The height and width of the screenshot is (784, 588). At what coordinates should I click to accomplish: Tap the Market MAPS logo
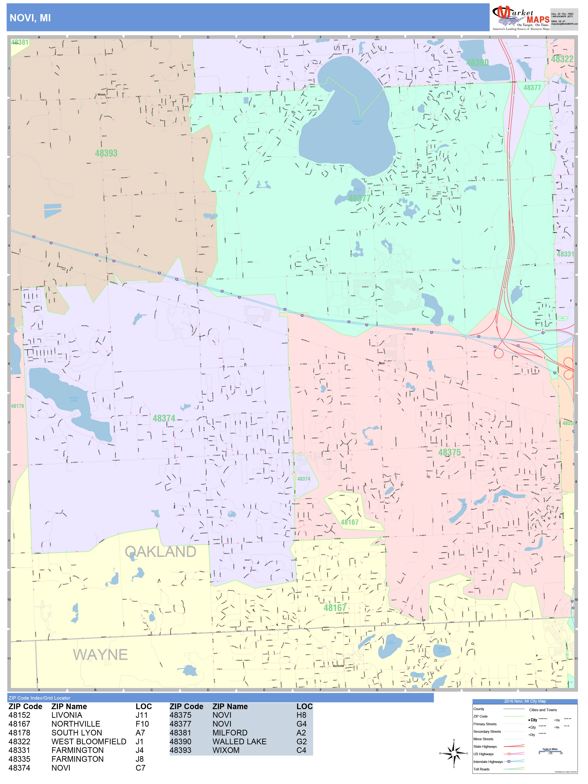point(520,18)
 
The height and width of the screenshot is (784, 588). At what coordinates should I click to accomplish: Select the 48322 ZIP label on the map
point(562,59)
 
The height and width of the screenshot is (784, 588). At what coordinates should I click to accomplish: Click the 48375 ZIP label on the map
point(449,452)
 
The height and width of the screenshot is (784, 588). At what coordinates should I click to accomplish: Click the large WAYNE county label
point(100,655)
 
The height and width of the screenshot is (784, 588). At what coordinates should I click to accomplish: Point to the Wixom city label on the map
point(101,95)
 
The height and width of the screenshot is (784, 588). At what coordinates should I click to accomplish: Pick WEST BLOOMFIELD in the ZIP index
point(89,742)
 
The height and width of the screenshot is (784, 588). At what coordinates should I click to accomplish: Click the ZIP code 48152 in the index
point(20,715)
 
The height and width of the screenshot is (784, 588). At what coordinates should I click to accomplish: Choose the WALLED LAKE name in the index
point(239,742)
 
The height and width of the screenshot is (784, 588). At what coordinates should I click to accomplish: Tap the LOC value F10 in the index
point(142,724)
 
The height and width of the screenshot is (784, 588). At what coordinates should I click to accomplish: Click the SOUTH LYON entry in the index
point(76,733)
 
